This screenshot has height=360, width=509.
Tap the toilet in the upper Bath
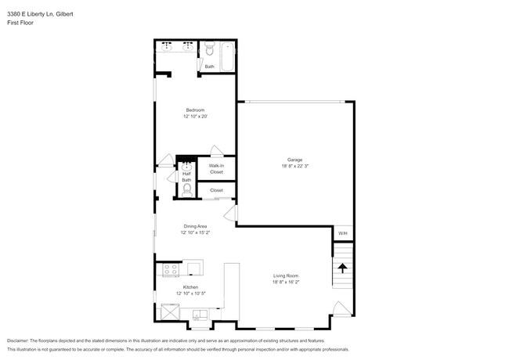coord(209,52)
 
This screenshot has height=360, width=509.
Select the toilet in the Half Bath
coord(186,189)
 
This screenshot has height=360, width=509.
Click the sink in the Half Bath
coord(186,167)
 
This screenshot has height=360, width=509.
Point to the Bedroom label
coord(195,110)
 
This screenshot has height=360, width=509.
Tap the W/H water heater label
coord(342,233)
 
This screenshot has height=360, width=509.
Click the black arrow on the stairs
coord(342,268)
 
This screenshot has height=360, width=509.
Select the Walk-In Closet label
coord(216,168)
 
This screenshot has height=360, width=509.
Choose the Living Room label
coord(286,275)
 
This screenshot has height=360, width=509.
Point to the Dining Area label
coord(195,226)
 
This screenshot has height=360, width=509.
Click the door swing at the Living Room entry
coord(340,308)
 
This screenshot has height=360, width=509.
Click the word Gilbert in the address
coord(60,14)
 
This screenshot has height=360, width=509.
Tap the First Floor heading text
coord(20,23)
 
